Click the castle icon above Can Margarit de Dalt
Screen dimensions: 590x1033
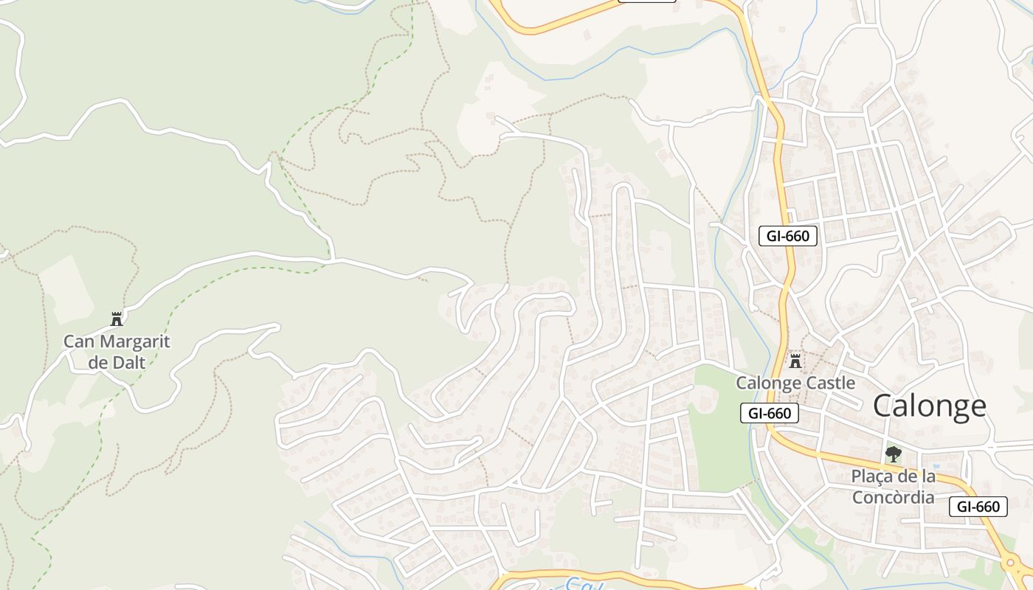click(117, 319)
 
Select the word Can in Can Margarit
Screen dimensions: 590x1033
click(80, 342)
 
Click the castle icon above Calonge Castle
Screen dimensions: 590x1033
click(795, 361)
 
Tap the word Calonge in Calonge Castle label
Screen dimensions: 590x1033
click(769, 383)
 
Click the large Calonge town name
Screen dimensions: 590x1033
click(930, 406)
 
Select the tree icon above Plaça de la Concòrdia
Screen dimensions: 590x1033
click(894, 454)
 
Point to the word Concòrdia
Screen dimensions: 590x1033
click(894, 497)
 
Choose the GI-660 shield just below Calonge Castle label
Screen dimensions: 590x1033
click(770, 413)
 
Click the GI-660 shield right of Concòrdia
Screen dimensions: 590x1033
click(978, 507)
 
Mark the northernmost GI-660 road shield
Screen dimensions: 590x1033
click(788, 236)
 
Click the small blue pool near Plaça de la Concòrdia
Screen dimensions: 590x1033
click(936, 467)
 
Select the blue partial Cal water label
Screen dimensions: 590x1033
click(583, 585)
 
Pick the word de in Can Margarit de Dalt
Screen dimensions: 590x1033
click(97, 362)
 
